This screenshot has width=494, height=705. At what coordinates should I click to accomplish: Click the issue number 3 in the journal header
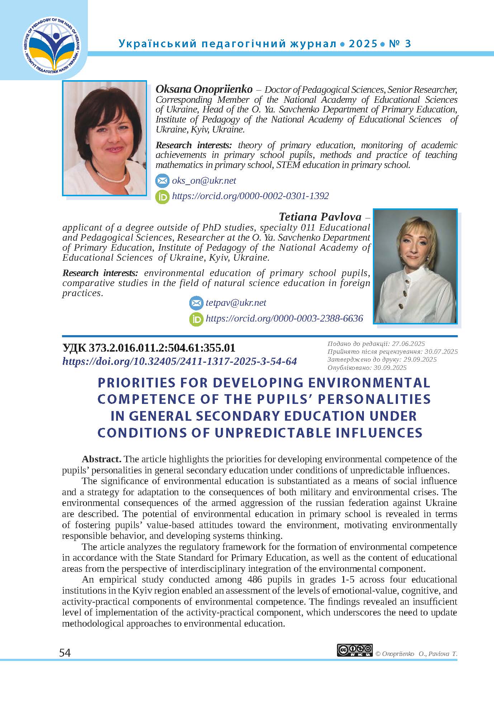408,44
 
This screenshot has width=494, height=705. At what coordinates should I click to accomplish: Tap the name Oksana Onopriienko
204,89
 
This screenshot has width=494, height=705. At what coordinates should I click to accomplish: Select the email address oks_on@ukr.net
204,180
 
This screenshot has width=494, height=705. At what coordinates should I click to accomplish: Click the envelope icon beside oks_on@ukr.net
162,181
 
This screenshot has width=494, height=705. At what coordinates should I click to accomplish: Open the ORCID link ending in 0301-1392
250,196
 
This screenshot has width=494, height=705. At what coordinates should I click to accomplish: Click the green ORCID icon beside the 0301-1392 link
162,197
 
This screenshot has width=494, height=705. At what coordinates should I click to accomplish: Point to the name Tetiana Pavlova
320,217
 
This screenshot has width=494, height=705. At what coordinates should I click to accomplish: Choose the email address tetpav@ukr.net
236,303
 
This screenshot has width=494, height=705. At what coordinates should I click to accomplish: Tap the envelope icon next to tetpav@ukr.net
196,303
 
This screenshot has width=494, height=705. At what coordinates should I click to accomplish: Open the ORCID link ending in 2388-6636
284,318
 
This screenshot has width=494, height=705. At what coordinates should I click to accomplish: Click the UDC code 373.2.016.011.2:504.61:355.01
149,348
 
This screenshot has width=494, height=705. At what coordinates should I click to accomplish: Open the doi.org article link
180,361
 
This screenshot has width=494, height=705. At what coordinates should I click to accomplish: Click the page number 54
65,653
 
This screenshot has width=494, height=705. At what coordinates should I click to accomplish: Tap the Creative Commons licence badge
355,650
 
